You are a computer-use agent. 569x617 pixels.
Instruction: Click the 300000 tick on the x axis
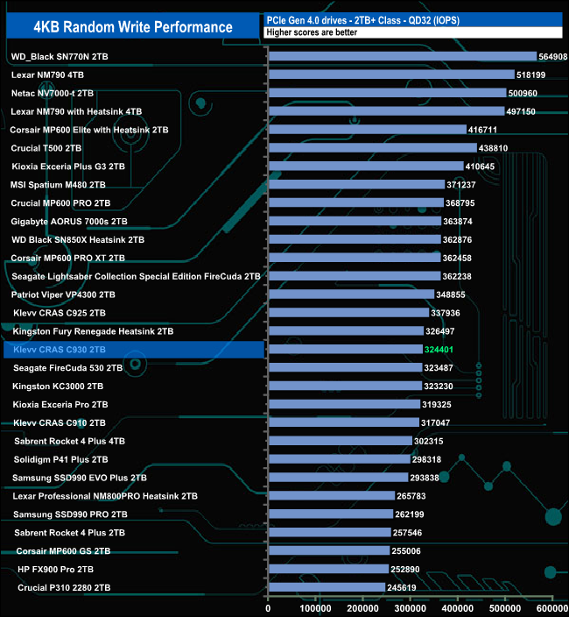(x=411, y=607)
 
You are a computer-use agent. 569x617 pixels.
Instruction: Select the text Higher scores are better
(x=312, y=32)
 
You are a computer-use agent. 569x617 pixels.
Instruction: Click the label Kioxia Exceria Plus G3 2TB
(x=68, y=167)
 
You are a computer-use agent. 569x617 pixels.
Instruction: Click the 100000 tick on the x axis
(x=316, y=607)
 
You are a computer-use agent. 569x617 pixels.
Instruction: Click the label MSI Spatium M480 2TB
(x=58, y=185)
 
